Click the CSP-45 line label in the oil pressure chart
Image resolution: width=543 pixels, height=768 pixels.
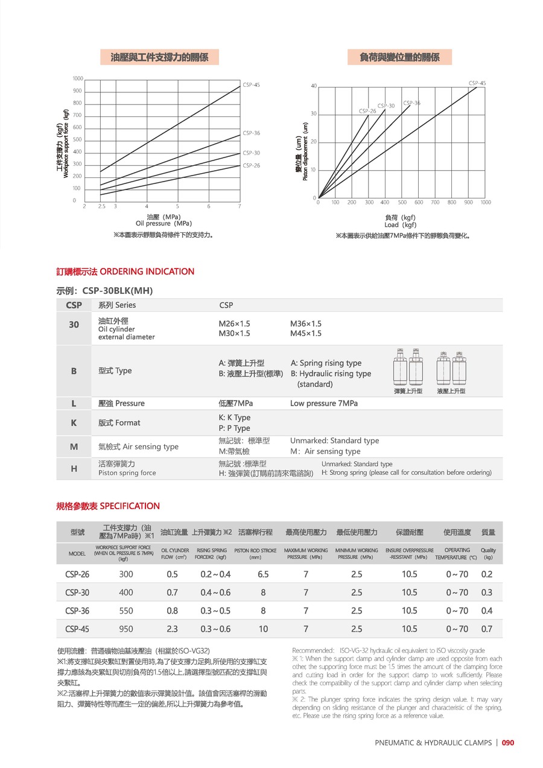(x=251, y=85)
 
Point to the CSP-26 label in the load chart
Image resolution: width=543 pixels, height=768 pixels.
(x=367, y=111)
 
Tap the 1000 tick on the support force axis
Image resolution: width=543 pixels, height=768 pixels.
(x=77, y=79)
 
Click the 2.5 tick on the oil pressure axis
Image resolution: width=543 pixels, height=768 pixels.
(x=101, y=207)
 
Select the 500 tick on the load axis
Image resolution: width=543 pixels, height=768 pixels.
(x=402, y=203)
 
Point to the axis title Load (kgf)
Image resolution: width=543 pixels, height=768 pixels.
(x=401, y=225)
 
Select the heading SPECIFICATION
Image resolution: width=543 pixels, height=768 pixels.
(x=130, y=506)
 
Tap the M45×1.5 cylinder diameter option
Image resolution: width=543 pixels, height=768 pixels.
(x=306, y=334)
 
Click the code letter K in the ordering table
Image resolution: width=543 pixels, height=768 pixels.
(x=74, y=423)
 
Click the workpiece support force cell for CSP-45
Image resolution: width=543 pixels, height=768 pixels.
(x=126, y=629)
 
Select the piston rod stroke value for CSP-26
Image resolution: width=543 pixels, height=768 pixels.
(x=263, y=574)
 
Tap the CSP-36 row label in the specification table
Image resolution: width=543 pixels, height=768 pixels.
(x=77, y=611)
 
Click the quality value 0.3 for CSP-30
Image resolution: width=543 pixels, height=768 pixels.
(x=487, y=592)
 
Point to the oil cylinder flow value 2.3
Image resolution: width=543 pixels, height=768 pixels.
(x=172, y=629)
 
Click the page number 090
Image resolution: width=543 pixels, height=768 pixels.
(x=508, y=743)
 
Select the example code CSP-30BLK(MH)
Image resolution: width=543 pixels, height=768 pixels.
(x=118, y=291)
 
